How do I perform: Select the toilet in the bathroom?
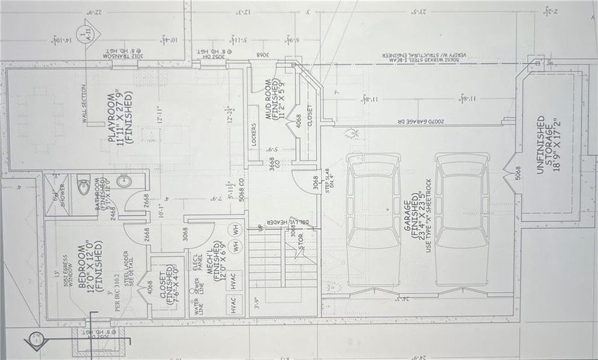[x=84, y=182]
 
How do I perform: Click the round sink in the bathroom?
[x=124, y=181]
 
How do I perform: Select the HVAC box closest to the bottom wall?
[x=235, y=305]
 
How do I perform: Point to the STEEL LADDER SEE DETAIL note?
[x=127, y=268]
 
